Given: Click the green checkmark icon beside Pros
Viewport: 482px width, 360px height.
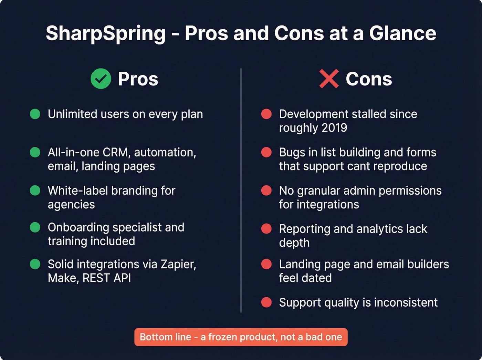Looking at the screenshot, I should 101,79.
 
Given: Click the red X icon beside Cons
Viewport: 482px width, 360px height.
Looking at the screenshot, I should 329,79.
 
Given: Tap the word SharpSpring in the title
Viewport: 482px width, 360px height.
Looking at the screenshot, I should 106,33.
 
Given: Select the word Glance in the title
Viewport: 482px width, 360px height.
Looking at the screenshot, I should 402,33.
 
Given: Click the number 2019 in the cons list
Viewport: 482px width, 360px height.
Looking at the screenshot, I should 334,128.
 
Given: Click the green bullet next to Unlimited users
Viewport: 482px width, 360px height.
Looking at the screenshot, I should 35,114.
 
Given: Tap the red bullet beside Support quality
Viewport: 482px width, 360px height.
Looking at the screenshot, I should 266,302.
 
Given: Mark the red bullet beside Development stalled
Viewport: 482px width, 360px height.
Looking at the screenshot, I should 266,114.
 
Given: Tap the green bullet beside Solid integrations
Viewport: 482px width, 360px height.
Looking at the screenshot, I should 35,264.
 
